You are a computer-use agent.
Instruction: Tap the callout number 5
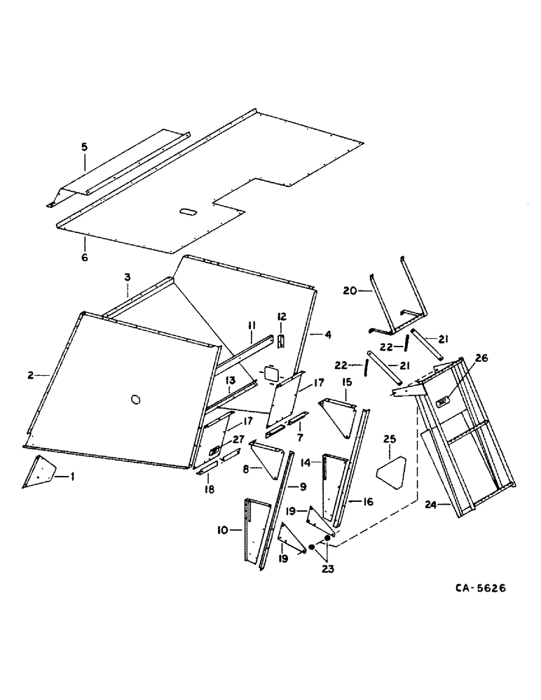tap(84, 147)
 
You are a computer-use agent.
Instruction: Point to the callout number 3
tap(128, 278)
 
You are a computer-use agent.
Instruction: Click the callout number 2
tap(32, 375)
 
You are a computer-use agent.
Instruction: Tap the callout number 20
tap(351, 290)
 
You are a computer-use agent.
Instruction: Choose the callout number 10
tap(224, 531)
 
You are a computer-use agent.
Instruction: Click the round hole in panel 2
tap(135, 399)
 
